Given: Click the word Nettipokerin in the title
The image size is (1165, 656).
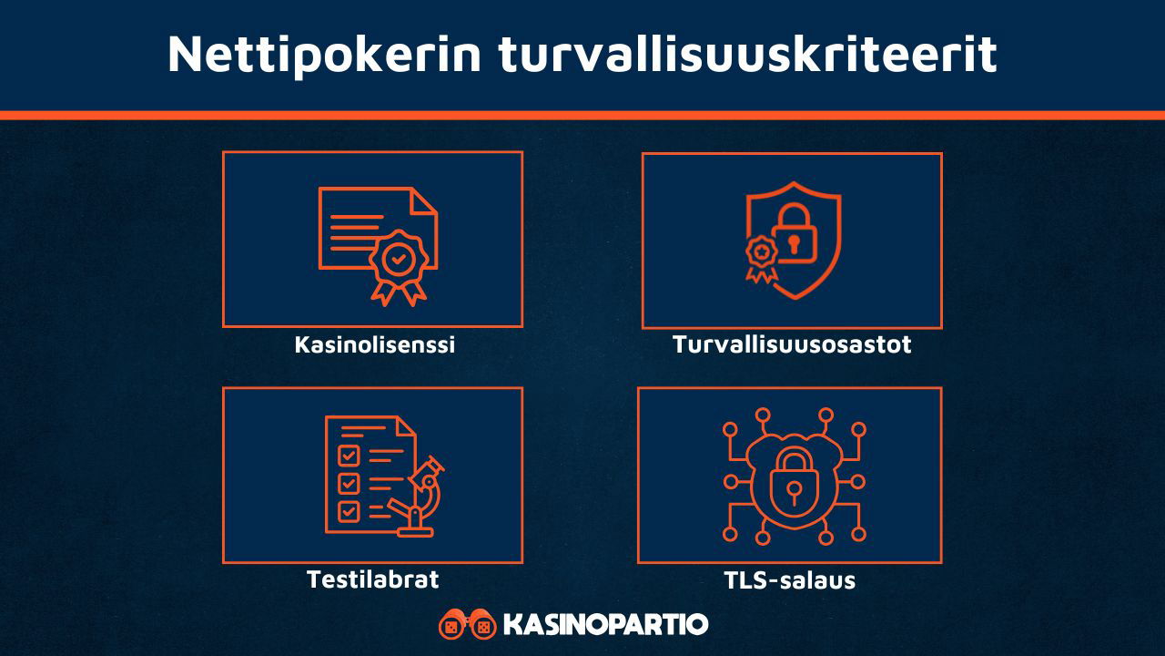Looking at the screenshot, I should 324,55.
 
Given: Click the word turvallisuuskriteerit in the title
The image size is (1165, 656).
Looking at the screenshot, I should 747,55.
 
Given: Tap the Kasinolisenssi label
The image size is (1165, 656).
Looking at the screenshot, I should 374,345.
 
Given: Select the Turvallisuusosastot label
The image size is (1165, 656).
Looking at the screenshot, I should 792,345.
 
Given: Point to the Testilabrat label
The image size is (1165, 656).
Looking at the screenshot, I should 373,579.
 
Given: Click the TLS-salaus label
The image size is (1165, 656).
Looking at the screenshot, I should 790,580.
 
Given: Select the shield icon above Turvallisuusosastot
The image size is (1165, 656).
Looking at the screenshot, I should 793,239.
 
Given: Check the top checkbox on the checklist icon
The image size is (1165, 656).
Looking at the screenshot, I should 349,454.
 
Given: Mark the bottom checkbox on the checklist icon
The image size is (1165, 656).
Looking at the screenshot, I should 349,511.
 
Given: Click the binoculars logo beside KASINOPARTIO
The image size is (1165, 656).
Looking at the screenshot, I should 468,624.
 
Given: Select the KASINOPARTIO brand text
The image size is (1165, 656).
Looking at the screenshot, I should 605,625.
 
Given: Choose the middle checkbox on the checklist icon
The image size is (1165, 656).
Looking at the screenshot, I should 349,482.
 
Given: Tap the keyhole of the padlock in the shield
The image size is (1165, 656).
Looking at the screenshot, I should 794,244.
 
